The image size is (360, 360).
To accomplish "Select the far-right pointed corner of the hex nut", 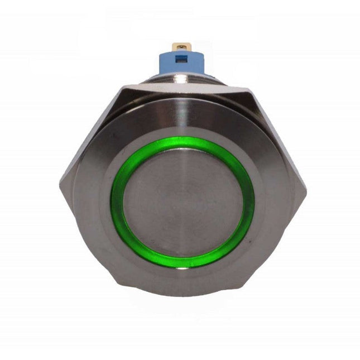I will (306, 193).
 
